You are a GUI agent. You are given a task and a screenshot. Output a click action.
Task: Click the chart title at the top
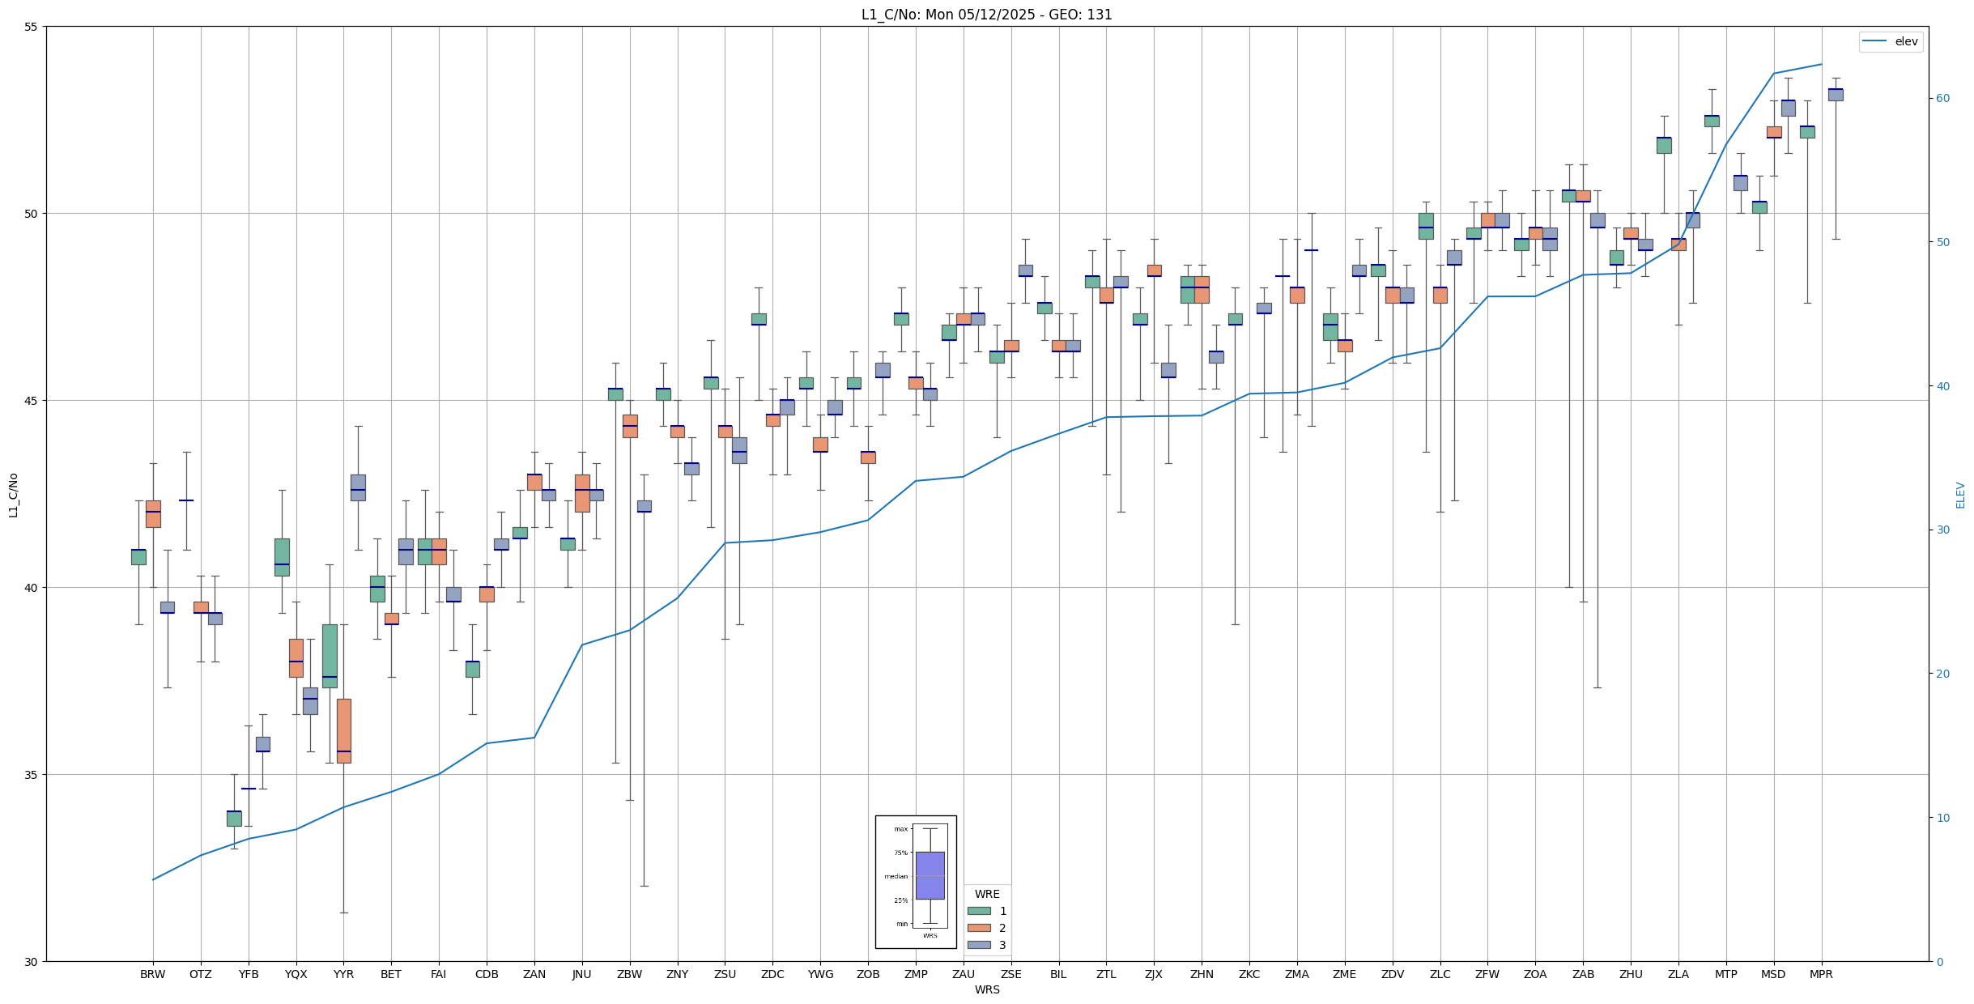tap(986, 15)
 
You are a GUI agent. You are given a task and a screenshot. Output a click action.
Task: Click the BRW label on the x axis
tap(152, 974)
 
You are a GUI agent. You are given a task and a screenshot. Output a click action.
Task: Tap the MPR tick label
tap(1821, 974)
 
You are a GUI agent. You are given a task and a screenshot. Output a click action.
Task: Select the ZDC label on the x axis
tap(772, 974)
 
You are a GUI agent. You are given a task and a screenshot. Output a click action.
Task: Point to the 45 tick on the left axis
tap(33, 401)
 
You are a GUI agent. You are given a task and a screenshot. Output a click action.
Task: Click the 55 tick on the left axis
tap(33, 27)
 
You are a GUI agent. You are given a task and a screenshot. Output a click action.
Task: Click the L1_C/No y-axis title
tap(13, 495)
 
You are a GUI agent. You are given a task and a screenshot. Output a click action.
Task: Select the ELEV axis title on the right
tap(1960, 495)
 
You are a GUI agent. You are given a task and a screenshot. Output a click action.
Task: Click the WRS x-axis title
tap(986, 989)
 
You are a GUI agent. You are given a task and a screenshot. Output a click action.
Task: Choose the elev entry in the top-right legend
tap(1906, 41)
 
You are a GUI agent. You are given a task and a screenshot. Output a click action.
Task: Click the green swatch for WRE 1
tap(979, 911)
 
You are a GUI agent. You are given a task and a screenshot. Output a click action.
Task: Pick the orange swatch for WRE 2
tap(979, 928)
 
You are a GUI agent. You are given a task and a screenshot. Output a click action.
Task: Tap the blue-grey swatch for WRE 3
tap(979, 945)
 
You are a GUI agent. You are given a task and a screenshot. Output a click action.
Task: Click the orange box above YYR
tap(343, 730)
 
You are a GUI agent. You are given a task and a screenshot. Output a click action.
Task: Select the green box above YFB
tap(234, 818)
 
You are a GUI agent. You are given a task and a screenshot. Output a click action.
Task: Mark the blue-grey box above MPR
tap(1836, 95)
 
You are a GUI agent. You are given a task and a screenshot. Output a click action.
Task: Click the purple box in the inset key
tap(930, 875)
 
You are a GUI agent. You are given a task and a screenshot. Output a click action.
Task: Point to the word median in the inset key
tap(896, 876)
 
